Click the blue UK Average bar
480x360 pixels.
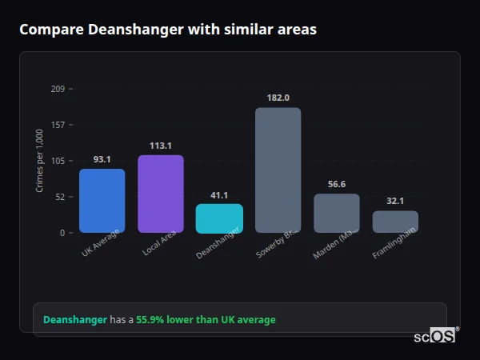102,201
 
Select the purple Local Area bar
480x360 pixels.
161,194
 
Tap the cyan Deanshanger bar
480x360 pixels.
219,218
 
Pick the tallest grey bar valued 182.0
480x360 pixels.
278,170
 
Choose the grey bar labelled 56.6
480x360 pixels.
337,214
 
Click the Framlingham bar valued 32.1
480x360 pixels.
395,222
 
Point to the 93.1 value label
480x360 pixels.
102,159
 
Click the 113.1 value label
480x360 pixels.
161,146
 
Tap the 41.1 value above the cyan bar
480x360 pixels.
219,195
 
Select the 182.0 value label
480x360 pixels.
278,98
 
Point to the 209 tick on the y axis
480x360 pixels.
58,89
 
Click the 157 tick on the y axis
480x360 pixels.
58,125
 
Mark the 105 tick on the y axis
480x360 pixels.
58,161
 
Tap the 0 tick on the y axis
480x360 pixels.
62,233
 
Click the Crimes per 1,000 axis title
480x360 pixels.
40,160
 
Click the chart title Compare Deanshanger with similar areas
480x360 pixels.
168,30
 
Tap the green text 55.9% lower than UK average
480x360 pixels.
206,319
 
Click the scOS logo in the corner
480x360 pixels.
434,337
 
